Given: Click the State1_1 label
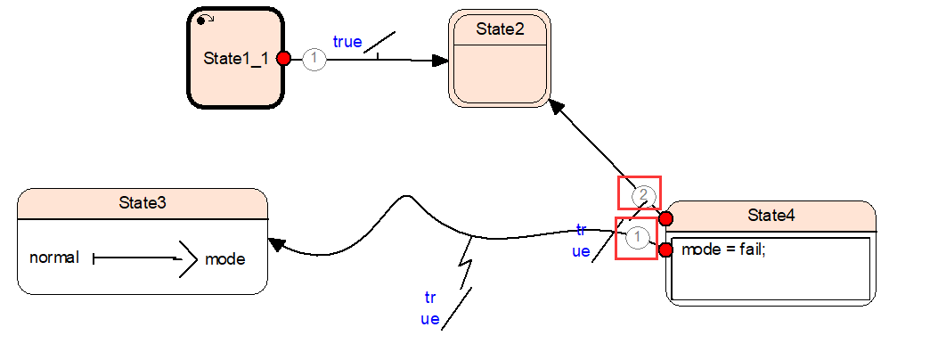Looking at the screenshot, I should pos(236,59).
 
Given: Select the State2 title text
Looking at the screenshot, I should pos(500,29).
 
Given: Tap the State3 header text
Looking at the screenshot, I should pos(143,203).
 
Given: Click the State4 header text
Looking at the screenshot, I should pos(771,216).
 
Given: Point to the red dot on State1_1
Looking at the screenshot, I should pos(284,59).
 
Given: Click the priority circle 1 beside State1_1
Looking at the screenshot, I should pos(314,60).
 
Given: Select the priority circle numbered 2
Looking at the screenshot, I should pos(644,194).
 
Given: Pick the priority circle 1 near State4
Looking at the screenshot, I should pos(638,238).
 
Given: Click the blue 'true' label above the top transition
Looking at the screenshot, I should pos(347,42).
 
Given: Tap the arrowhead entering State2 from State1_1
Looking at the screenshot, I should pos(440,61).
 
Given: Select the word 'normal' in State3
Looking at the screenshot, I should pos(54,258).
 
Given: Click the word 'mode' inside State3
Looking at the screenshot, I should pos(224,259).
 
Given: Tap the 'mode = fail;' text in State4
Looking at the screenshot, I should pos(723,250).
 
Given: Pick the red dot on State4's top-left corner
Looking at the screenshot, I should pos(665,218).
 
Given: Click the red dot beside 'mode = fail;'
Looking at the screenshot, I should pos(665,250).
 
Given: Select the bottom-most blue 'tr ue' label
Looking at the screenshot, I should pos(430,308).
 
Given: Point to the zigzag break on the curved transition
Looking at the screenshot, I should pos(465,265).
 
